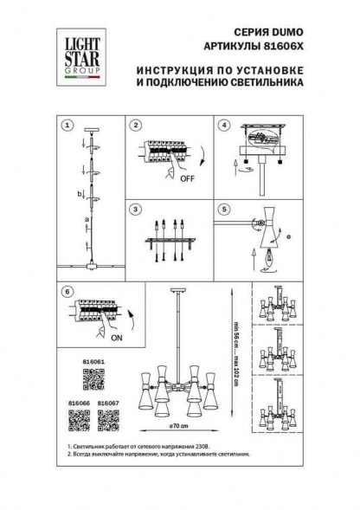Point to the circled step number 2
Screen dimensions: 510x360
point(136,126)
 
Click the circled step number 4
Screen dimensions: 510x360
point(223,126)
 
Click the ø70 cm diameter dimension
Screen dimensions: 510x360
point(180,427)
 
